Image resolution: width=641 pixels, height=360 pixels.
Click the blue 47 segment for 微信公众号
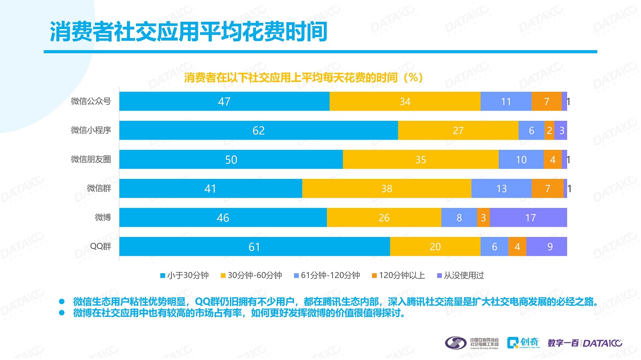[224, 101]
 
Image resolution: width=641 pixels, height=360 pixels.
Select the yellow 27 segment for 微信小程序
[458, 130]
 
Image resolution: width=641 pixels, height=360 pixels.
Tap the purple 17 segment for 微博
[528, 218]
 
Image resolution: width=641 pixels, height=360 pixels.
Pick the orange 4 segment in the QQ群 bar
[518, 246]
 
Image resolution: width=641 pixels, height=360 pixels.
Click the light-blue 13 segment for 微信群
[501, 188]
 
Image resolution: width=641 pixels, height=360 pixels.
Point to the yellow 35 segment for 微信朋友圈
[420, 159]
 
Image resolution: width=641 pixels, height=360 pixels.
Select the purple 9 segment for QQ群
[547, 246]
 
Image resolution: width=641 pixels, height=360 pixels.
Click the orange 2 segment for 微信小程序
[550, 130]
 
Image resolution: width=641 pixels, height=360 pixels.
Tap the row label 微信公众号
[91, 101]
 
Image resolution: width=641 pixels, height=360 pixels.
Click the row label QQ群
[100, 246]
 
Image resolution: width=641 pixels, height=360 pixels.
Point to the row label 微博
[103, 217]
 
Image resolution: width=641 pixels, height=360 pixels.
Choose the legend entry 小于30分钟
[185, 275]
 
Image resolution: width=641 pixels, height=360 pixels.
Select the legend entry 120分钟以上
[399, 275]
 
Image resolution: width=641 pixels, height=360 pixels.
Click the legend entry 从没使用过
[461, 275]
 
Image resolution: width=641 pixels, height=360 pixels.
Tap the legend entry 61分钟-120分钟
[327, 275]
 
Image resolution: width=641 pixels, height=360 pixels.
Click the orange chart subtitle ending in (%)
[303, 77]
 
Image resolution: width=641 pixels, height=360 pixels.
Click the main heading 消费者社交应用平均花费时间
[189, 32]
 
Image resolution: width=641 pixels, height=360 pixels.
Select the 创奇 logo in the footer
[523, 342]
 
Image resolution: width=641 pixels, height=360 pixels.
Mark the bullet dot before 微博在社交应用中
[62, 313]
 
